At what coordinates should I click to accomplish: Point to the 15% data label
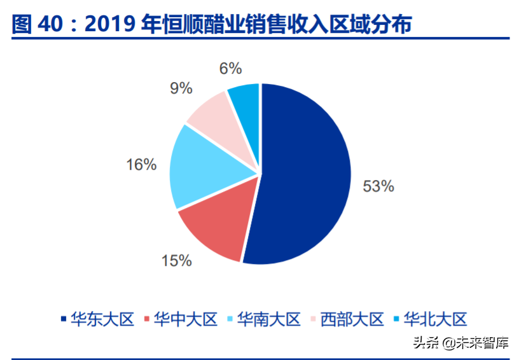pyautogui.click(x=176, y=260)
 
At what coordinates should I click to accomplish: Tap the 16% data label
pyautogui.click(x=141, y=165)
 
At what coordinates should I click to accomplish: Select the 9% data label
pyautogui.click(x=181, y=88)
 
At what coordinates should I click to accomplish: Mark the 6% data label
pyautogui.click(x=231, y=68)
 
